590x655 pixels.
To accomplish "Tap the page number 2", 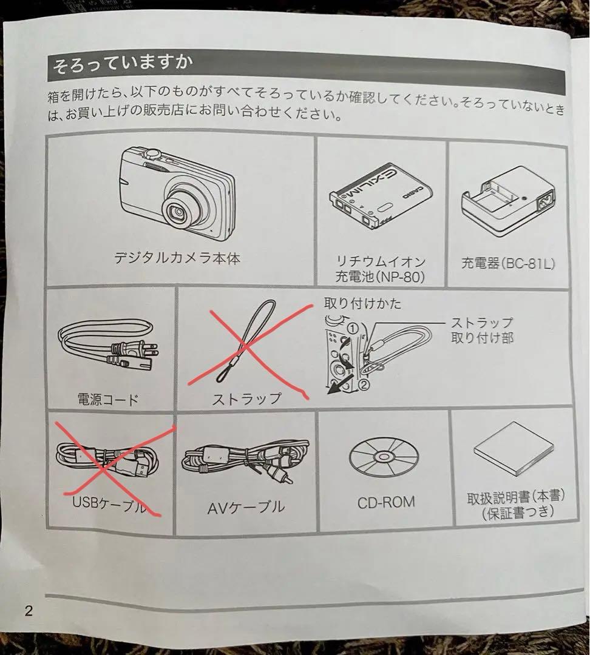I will click(x=29, y=610).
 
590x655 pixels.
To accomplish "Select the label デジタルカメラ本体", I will click(x=177, y=258).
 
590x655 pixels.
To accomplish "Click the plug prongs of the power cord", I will click(x=146, y=350).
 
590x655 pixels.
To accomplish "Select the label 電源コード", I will click(x=108, y=399).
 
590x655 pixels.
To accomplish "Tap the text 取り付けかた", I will click(x=362, y=304).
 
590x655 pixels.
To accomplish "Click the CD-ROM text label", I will click(x=385, y=502).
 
